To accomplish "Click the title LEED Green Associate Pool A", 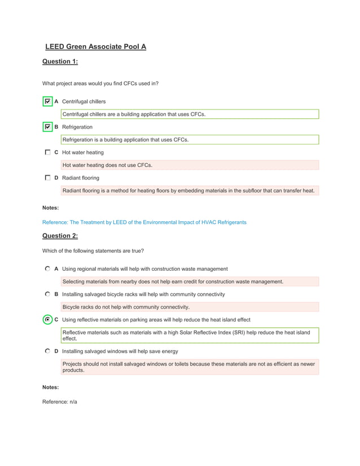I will (95, 46).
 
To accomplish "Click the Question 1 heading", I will (60, 61).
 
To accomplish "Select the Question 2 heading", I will (60, 236).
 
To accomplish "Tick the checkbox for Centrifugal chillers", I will (47, 102).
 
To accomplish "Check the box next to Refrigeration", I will (47, 127).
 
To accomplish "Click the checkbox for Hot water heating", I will (47, 152).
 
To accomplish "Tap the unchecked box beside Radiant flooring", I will (47, 178).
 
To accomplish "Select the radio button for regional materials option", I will (47, 269).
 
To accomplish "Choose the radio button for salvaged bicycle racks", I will (47, 294).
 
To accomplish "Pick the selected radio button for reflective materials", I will (47, 319).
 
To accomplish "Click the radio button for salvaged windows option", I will (47, 351).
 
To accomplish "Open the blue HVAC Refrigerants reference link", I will (144, 222).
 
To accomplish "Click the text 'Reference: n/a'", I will (59, 402).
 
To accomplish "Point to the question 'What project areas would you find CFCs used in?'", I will (100, 83).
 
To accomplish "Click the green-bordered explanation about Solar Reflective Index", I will (190, 336).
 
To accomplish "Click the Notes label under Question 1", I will (50, 208).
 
